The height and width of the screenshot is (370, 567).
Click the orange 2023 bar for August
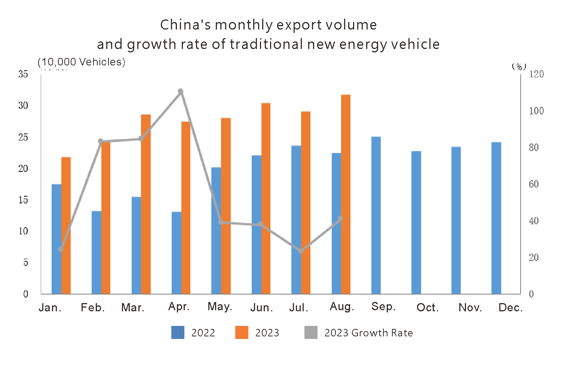click(x=346, y=194)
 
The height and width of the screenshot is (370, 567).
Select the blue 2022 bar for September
click(x=376, y=215)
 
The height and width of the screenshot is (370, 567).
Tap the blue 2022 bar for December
click(x=496, y=218)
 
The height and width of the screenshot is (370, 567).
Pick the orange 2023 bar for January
click(x=66, y=225)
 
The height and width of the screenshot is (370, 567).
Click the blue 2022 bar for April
click(x=176, y=253)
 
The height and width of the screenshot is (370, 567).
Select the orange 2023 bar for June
click(x=266, y=198)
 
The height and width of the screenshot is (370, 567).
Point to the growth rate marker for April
click(x=181, y=91)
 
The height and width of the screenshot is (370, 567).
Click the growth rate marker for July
click(x=301, y=251)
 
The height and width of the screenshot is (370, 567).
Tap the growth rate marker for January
click(x=61, y=249)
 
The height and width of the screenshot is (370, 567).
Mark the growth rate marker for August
click(x=340, y=219)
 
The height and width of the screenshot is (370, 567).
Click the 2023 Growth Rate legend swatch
click(x=311, y=332)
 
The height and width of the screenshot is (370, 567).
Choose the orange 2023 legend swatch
click(x=242, y=332)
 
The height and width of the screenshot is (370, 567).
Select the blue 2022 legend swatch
click(x=178, y=332)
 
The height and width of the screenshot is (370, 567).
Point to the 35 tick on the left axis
click(x=23, y=74)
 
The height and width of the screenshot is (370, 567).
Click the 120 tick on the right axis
click(x=536, y=74)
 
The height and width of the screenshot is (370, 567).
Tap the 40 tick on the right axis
click(x=534, y=221)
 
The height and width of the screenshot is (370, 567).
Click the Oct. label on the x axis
click(x=427, y=308)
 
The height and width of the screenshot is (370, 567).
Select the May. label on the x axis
click(x=220, y=306)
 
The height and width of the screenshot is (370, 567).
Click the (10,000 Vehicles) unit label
click(x=81, y=62)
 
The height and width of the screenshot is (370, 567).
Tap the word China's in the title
click(x=185, y=25)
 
